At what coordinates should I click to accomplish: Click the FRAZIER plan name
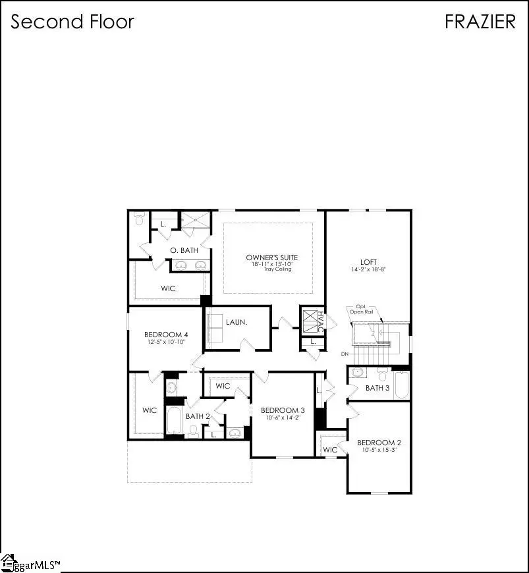480,21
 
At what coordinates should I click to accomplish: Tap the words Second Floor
72,21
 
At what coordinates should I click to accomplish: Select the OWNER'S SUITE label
271,257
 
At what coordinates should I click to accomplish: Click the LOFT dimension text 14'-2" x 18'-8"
368,270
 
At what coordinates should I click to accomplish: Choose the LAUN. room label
236,323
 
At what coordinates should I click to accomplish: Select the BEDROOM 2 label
379,442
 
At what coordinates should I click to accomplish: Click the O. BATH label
184,250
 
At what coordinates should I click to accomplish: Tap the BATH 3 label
377,388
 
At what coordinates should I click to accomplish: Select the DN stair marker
345,355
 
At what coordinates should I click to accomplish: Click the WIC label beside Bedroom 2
329,449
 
